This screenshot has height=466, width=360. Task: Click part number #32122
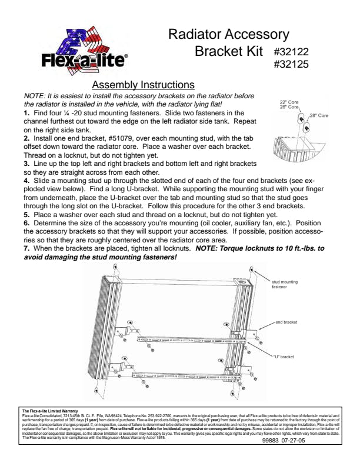click(292, 52)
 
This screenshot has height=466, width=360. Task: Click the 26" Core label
click(289, 107)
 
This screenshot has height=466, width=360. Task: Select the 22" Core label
click(289, 102)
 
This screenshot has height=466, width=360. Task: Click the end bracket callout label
click(287, 322)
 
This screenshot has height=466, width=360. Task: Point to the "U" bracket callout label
click(283, 357)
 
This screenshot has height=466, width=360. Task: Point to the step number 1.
click(26, 112)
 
